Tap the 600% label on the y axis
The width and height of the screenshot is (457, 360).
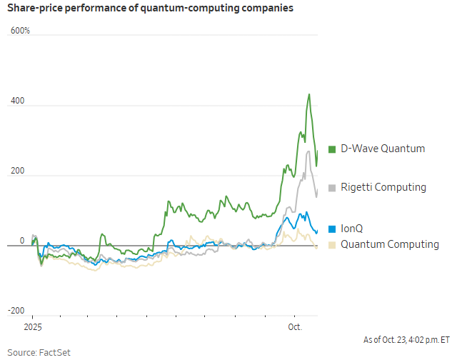point(20,31)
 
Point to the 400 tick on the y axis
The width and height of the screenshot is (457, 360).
point(17,101)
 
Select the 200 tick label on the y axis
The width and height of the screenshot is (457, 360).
point(17,171)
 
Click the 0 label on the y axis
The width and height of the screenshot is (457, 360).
point(21,241)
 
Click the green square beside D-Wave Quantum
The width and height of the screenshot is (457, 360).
point(332,149)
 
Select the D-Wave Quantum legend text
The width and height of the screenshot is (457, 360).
point(383,149)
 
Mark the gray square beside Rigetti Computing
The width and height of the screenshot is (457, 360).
point(332,188)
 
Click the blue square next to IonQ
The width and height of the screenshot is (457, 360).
point(332,229)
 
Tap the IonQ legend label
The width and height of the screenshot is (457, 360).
point(352,229)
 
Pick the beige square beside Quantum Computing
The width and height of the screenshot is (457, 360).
point(332,245)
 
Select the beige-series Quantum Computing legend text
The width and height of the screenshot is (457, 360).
point(389,244)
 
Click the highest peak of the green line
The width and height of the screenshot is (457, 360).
point(308,94)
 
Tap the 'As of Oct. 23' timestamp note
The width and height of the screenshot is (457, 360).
point(406,339)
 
